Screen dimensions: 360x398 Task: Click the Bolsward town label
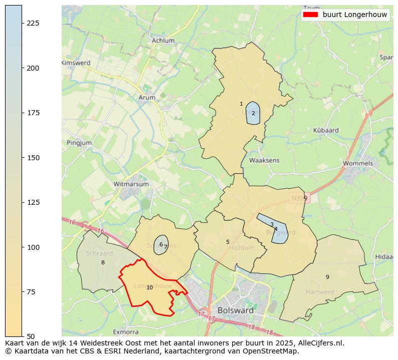tap(235, 310)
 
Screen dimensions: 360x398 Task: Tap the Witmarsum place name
tap(131, 184)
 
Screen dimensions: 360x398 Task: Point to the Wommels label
tap(358, 163)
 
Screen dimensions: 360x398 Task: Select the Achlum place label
tap(163, 41)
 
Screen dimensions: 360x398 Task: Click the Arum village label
tap(147, 98)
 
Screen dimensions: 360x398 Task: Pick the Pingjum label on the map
tap(79, 143)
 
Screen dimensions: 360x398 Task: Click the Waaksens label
tap(264, 160)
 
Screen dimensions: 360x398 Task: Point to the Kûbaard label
tap(326, 130)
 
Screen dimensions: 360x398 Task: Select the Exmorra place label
tap(125, 331)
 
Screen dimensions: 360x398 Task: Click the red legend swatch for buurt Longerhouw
tap(311, 15)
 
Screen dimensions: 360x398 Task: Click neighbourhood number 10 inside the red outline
tap(149, 287)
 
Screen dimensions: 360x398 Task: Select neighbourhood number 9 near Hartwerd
tap(327, 277)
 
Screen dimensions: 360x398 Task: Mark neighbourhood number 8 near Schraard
tap(103, 262)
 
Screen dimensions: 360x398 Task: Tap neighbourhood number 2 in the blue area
tap(253, 113)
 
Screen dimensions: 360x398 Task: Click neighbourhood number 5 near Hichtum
tap(228, 242)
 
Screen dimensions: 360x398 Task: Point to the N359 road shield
tap(300, 198)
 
